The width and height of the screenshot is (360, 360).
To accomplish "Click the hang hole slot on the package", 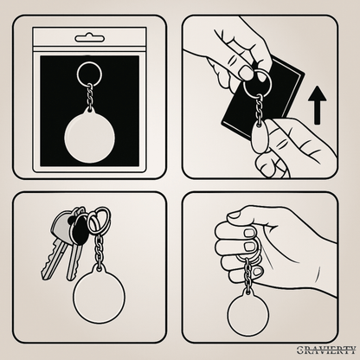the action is click(90, 38).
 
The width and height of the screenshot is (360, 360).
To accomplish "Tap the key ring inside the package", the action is click(90, 63).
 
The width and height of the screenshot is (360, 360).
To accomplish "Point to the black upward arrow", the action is click(317, 105).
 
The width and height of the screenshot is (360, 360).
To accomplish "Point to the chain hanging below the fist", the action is click(248, 274).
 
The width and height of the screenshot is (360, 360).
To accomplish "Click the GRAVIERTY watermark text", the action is click(326, 350).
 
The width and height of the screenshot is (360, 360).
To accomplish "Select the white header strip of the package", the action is click(90, 37).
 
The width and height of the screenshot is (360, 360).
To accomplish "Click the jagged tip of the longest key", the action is click(46, 274).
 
